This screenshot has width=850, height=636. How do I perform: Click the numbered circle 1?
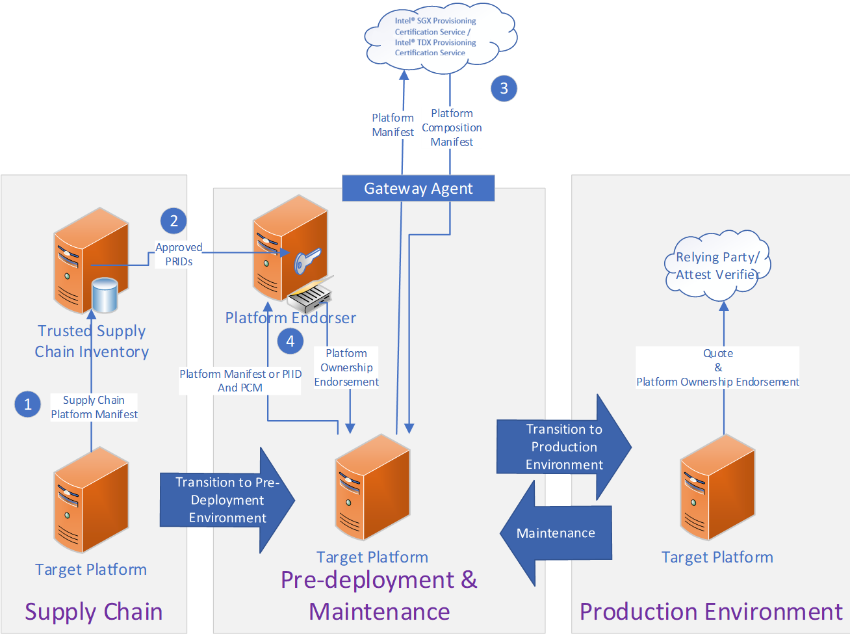pyautogui.click(x=28, y=404)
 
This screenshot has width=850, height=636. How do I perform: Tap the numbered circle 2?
pyautogui.click(x=174, y=221)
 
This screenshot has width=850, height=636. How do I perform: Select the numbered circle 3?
pyautogui.click(x=504, y=88)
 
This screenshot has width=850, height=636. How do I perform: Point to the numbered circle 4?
pyautogui.click(x=290, y=341)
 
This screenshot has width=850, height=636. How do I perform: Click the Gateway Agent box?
pyautogui.click(x=418, y=188)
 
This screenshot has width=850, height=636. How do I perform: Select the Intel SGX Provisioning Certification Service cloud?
pyautogui.click(x=439, y=36)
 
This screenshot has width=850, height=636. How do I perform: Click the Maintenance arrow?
pyautogui.click(x=556, y=533)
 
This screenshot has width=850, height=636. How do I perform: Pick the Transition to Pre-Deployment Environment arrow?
pyautogui.click(x=227, y=500)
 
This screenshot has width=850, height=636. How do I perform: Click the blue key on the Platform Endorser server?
pyautogui.click(x=306, y=260)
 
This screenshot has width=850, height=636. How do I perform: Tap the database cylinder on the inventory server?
pyautogui.click(x=105, y=295)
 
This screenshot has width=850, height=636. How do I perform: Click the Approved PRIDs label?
pyautogui.click(x=179, y=254)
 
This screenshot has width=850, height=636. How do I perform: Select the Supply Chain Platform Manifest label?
pyautogui.click(x=94, y=407)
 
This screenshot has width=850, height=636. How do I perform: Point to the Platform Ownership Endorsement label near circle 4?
pyautogui.click(x=346, y=367)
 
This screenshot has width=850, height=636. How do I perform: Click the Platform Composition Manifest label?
pyautogui.click(x=452, y=127)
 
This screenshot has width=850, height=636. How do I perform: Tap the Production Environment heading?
pyautogui.click(x=711, y=612)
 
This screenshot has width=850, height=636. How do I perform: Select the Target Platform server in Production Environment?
pyautogui.click(x=717, y=488)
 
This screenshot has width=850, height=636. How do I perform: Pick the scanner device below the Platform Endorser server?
pyautogui.click(x=311, y=296)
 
